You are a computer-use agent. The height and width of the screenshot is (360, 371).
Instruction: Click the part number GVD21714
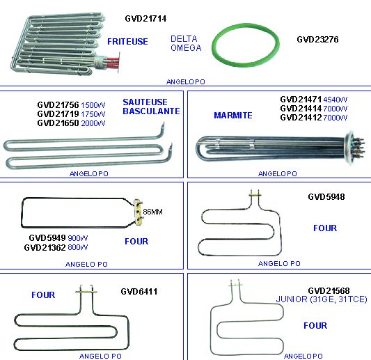point(145,19)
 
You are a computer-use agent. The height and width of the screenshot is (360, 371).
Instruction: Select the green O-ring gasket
point(246,25)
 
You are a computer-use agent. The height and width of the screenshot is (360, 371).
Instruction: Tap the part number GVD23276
point(317,40)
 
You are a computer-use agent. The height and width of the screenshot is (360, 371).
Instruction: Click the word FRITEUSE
point(127,42)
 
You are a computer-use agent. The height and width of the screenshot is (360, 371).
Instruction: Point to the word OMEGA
point(186,48)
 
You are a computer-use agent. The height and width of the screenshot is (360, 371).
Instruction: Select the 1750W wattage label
point(93,114)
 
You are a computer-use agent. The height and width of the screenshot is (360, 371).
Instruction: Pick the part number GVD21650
point(58,123)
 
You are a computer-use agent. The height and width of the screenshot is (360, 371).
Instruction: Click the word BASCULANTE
point(151,111)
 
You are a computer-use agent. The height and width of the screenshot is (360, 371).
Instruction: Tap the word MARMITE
point(233,116)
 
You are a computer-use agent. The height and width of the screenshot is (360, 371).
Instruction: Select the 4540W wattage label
point(336,100)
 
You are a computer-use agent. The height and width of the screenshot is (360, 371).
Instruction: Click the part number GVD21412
point(301,118)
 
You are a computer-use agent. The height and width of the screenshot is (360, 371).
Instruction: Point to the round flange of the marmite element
point(348,146)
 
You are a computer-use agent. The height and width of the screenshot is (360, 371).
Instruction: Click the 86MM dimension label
point(152,212)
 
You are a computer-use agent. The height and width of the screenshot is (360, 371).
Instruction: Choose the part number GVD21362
point(45,248)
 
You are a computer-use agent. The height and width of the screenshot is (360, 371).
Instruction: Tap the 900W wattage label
point(78,238)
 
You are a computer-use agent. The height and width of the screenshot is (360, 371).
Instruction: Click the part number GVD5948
point(326,197)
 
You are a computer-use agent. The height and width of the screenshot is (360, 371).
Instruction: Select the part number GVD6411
point(139,292)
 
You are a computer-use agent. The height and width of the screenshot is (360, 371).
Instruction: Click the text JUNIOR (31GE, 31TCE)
point(322,299)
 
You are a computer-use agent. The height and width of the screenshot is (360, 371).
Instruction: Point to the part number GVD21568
point(329,291)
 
